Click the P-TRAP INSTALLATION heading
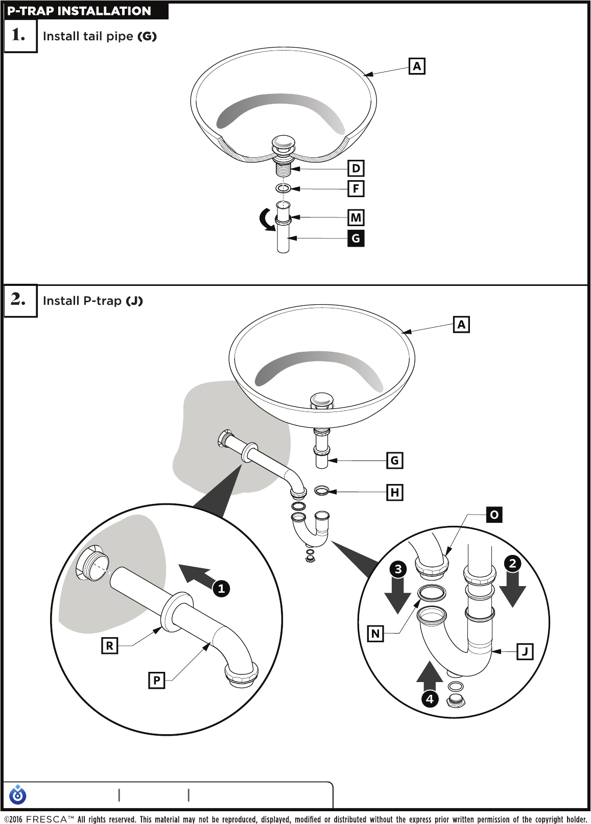(x=79, y=11)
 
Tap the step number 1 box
(x=20, y=35)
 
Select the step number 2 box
(x=20, y=300)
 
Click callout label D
(x=356, y=168)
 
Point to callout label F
(x=356, y=188)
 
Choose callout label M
(x=356, y=217)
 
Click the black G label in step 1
(x=356, y=238)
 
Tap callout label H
(x=394, y=492)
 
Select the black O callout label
(x=494, y=514)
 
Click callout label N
(x=375, y=634)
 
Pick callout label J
(x=525, y=651)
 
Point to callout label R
(x=109, y=646)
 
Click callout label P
(x=156, y=680)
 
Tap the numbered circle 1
(x=221, y=588)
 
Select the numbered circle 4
(x=430, y=698)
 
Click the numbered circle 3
(x=398, y=569)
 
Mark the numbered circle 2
(x=512, y=563)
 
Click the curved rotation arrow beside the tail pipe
(x=266, y=220)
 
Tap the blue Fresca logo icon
(x=18, y=794)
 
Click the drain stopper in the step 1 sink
(x=283, y=143)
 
